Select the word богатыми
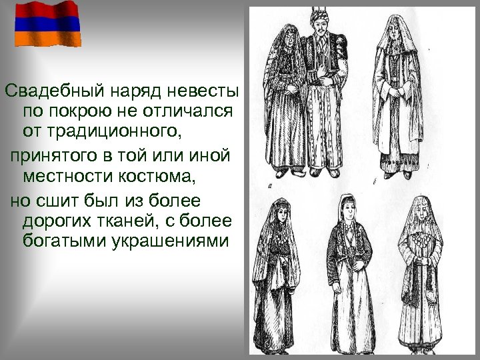[x=65, y=241]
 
